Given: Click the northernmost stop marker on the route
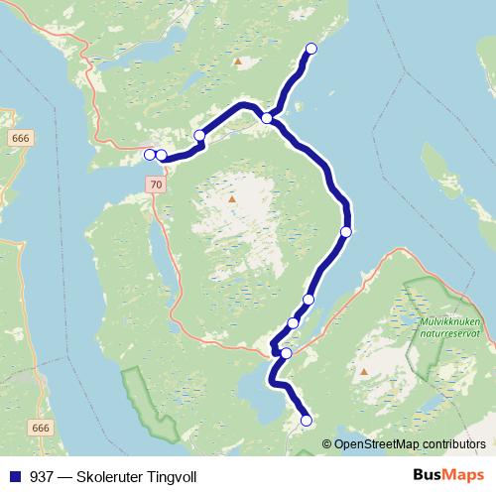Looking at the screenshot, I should tap(310, 49).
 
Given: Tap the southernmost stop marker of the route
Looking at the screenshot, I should tap(306, 421).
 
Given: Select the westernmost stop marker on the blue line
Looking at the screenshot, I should tap(150, 154).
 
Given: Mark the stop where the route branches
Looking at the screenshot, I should tap(267, 118).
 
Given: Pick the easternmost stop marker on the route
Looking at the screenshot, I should tap(345, 231).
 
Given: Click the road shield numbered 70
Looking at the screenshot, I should tap(153, 185).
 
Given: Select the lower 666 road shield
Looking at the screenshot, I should tap(40, 428).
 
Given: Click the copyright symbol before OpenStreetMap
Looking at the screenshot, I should tap(327, 443).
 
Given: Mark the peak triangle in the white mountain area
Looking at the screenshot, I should tap(231, 199).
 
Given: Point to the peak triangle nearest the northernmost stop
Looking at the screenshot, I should tap(237, 62).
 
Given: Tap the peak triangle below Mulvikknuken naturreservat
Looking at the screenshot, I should tap(364, 373).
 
